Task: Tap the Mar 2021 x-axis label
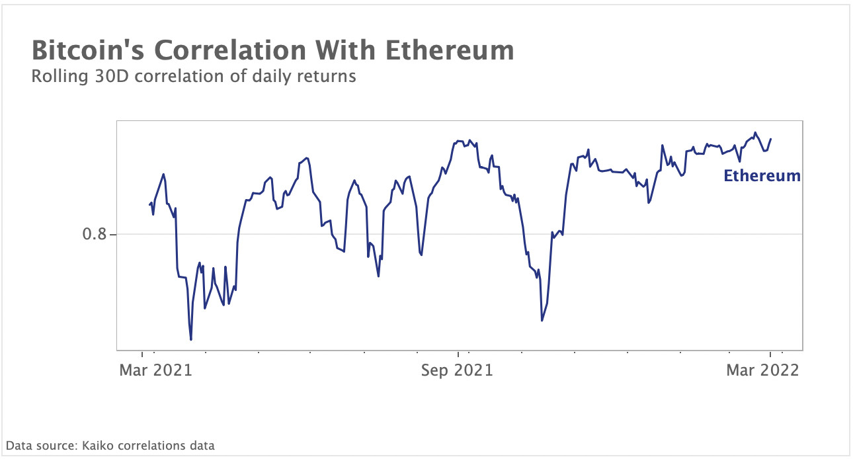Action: point(155,370)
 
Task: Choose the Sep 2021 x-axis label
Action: point(457,370)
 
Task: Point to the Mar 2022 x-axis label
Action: point(762,370)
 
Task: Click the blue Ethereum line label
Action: point(762,176)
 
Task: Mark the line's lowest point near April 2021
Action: point(191,340)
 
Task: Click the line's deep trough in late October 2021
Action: point(542,321)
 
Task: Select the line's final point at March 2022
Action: point(771,139)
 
